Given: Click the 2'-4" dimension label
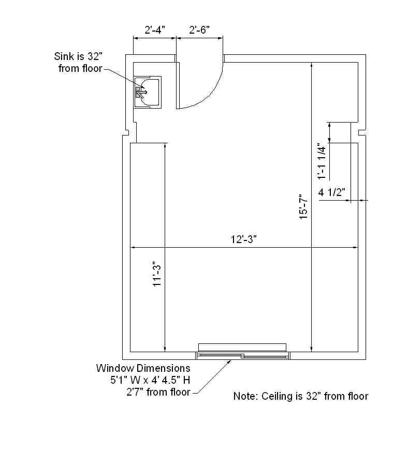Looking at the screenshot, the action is [155, 30].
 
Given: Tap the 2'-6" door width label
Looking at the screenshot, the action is [199, 30].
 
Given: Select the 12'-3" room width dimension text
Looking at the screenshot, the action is [243, 239].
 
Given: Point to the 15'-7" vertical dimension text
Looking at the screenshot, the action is [304, 207].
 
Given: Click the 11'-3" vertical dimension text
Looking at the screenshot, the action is [157, 274].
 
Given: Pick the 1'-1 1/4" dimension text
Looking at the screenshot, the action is [322, 161].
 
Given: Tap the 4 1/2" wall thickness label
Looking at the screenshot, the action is [332, 192].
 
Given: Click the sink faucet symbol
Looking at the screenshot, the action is [141, 92].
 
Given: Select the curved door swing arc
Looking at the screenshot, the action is [209, 96].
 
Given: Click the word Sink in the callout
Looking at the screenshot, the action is [63, 56].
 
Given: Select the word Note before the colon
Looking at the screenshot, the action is [244, 396].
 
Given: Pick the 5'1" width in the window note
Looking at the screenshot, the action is [119, 380].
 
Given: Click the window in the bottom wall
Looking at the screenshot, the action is [242, 356].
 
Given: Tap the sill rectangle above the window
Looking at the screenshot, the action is [242, 348].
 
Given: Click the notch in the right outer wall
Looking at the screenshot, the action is [362, 132].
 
